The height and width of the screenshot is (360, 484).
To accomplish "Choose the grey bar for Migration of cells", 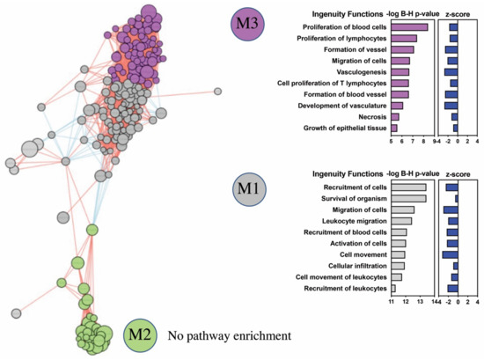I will pos(402,209).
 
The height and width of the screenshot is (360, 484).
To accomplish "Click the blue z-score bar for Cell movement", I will pos(450,254).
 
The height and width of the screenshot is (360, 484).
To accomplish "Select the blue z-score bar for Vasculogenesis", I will pos(451,71).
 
